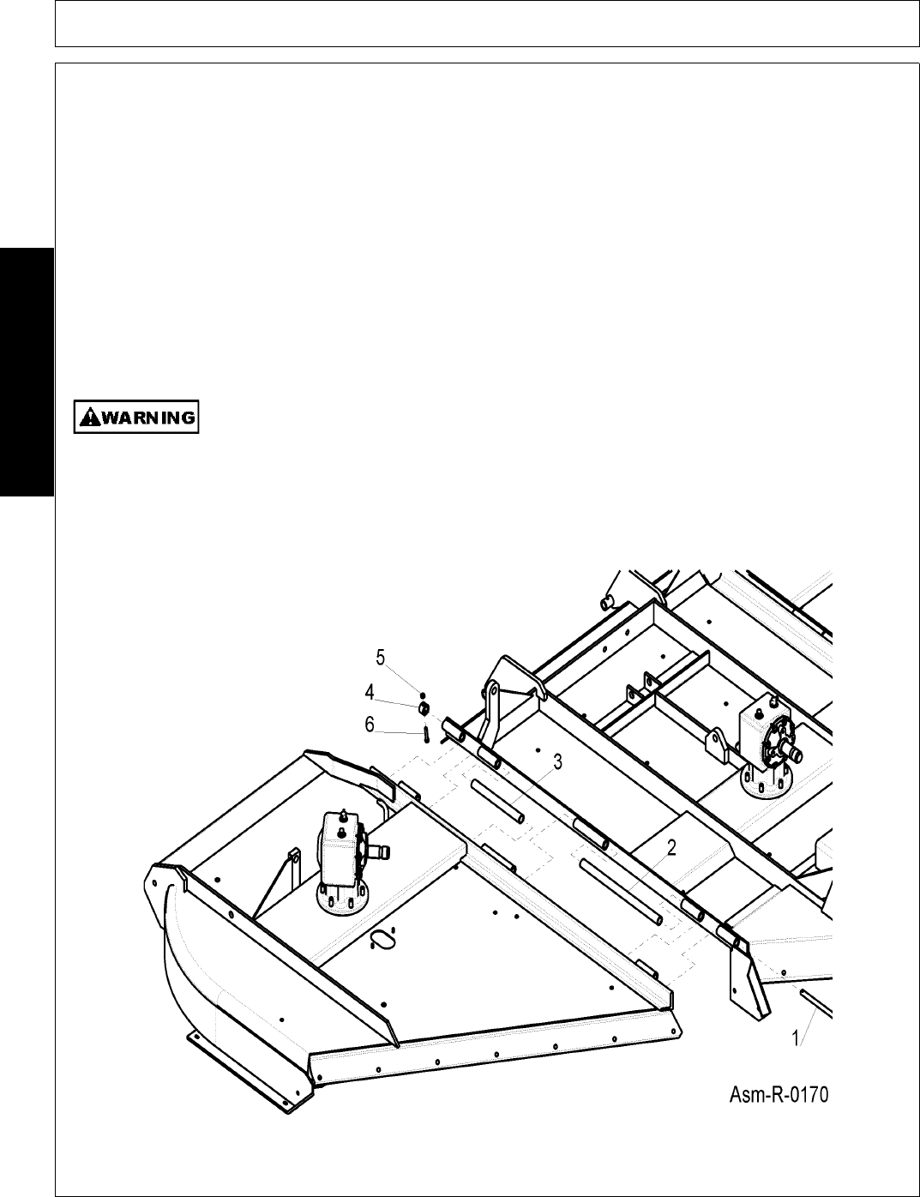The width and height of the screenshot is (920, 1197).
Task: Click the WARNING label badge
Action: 136,418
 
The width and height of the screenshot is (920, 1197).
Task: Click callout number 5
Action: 381,658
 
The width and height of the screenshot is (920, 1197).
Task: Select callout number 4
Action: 370,691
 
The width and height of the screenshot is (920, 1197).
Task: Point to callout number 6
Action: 370,725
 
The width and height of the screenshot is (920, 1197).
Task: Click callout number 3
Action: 557,761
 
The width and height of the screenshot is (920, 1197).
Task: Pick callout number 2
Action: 672,848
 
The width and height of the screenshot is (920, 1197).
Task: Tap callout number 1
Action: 796,1038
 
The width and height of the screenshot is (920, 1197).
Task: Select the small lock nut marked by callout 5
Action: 423,695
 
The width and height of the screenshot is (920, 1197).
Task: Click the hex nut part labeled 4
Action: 423,709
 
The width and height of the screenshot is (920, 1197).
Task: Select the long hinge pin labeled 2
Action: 622,892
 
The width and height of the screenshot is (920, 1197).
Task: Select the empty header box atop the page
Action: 481,23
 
